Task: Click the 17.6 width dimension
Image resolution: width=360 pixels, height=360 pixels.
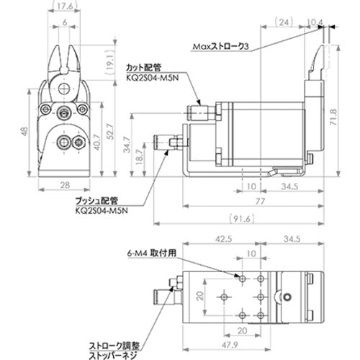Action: click(65, 7)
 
